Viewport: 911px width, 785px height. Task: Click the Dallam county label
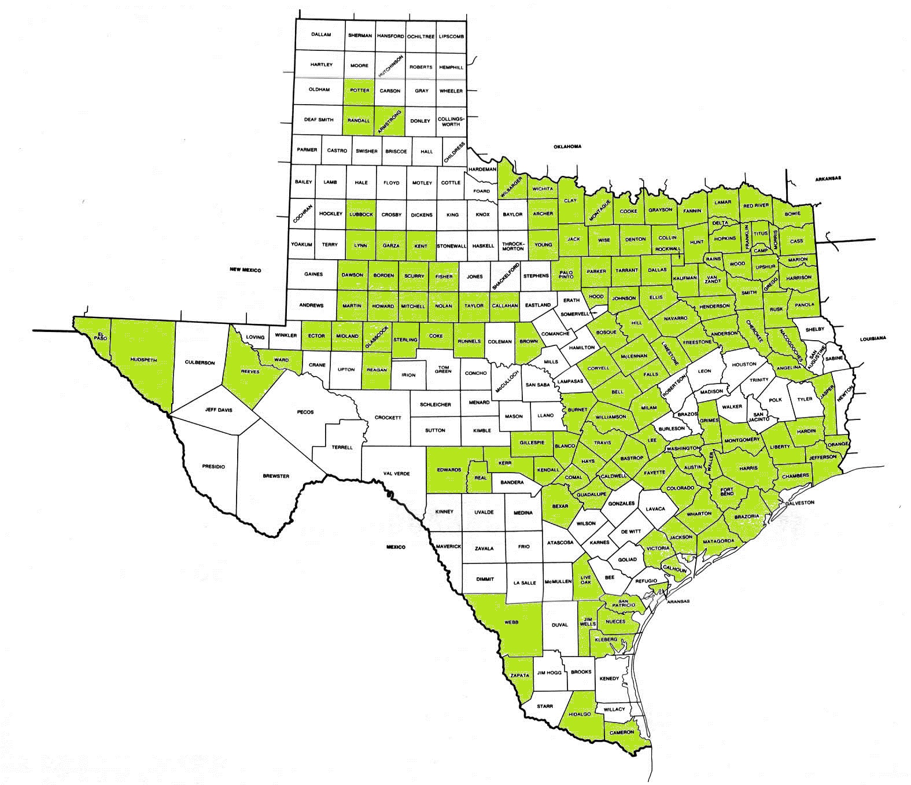click(320, 35)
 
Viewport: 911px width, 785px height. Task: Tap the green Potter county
click(360, 91)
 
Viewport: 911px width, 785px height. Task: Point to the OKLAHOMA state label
click(567, 146)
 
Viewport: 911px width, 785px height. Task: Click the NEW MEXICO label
click(245, 270)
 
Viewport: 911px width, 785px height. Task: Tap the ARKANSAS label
click(828, 178)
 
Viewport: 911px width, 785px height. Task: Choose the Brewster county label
click(275, 476)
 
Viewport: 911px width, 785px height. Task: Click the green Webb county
click(511, 622)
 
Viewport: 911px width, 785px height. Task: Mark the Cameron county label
click(621, 732)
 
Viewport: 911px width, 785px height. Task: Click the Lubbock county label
click(361, 214)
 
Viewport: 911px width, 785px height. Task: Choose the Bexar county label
click(560, 506)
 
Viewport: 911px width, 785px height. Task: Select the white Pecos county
click(305, 412)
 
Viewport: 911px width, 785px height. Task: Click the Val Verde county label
click(396, 474)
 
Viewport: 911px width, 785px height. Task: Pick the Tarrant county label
click(627, 271)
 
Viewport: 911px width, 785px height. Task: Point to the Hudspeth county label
click(143, 359)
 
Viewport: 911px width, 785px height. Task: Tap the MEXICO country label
click(396, 547)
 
